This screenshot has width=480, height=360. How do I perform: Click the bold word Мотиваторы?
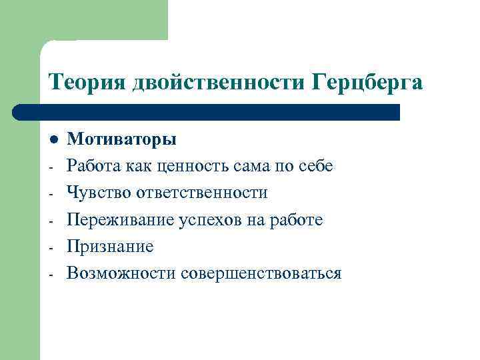122,139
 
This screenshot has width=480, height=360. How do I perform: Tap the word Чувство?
99,193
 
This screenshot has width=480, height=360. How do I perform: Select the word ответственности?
202,193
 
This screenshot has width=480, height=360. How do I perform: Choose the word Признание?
110,247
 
